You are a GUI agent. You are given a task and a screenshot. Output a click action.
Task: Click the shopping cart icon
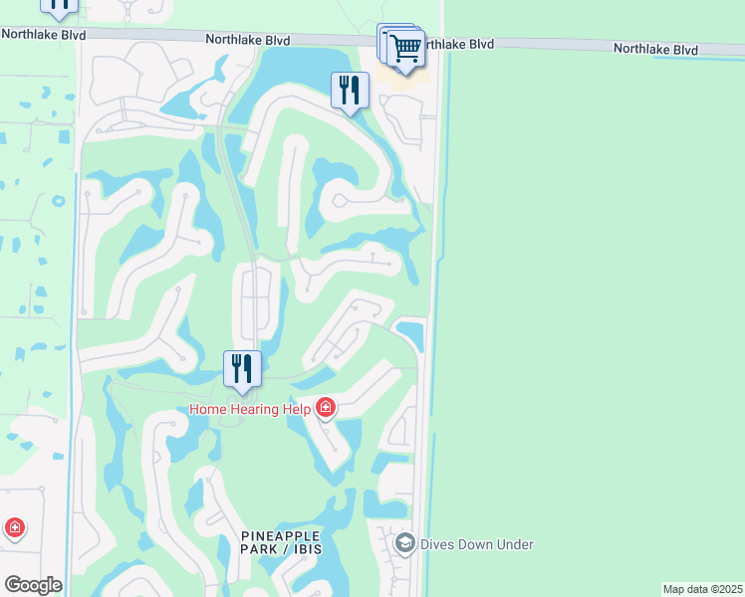pyautogui.click(x=406, y=48)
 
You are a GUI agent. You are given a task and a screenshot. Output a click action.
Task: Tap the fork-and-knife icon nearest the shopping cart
pyautogui.click(x=351, y=91)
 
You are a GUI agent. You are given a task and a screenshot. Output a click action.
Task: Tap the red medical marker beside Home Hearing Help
pyautogui.click(x=326, y=407)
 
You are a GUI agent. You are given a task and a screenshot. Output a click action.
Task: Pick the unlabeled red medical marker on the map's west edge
pyautogui.click(x=14, y=527)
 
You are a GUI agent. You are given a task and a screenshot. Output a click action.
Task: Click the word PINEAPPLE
pyautogui.click(x=267, y=536)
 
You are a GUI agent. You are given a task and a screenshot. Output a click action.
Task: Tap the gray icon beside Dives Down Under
pyautogui.click(x=404, y=543)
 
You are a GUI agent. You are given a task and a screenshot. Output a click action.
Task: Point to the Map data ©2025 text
pyautogui.click(x=702, y=589)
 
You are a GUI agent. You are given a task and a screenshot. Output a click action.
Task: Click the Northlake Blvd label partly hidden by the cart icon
pyautogui.click(x=454, y=45)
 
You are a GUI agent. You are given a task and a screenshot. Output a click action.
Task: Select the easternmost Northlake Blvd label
pyautogui.click(x=655, y=48)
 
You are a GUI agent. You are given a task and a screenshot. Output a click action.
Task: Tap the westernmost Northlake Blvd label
pyautogui.click(x=43, y=34)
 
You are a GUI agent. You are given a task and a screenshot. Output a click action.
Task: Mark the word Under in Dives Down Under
pyautogui.click(x=516, y=544)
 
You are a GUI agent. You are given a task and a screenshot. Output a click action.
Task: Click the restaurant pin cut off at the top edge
pyautogui.click(x=59, y=5)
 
